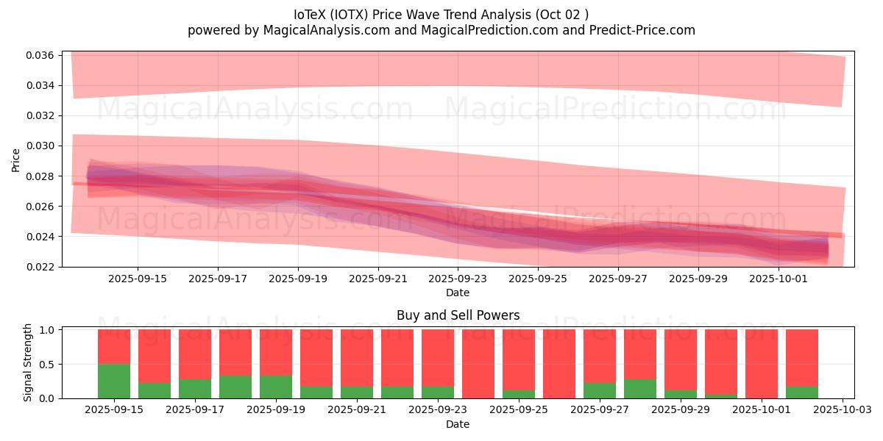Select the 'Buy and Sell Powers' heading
[458, 315]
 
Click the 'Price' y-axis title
[15, 160]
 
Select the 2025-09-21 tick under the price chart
[377, 279]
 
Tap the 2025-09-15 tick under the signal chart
[114, 410]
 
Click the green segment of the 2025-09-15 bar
[114, 381]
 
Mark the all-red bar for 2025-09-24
[478, 364]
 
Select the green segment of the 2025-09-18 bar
[235, 387]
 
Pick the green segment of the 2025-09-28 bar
[640, 389]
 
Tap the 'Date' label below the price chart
[457, 293]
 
